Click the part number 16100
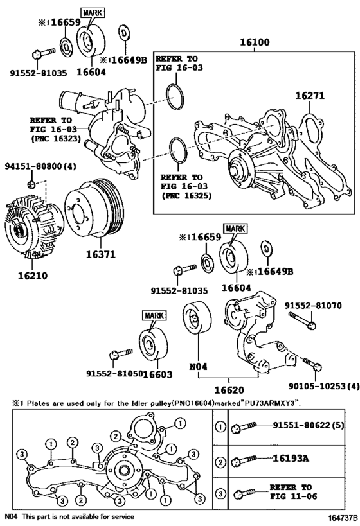coord(254,42)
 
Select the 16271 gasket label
coord(310,96)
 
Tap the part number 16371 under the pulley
coord(100,254)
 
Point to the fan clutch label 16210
coord(33,276)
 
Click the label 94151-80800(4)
coord(40,166)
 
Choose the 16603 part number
coord(157,374)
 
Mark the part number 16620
coord(229,390)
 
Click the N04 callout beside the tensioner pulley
coord(198,367)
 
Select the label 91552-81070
coord(313,306)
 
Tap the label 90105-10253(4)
coord(324,387)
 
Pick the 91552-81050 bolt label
coord(114,373)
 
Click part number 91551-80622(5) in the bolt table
coord(309,425)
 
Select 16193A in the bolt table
coord(291,458)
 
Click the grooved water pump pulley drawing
coord(94,208)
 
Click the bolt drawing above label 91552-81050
coord(121,354)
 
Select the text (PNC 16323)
coord(56,138)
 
